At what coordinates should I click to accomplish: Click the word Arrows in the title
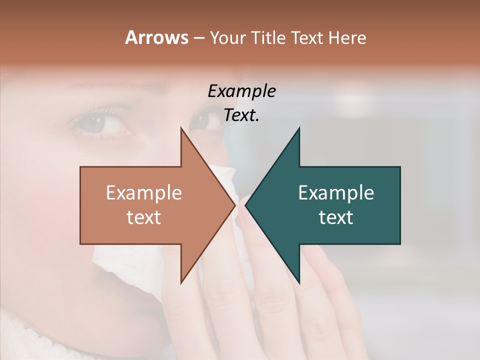click(156, 37)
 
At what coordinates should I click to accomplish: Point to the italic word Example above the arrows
click(241, 91)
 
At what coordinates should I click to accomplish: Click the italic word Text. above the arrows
click(241, 115)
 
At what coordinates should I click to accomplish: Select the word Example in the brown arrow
click(144, 193)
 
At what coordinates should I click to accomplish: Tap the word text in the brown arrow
click(144, 217)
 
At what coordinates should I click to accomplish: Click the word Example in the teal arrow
click(336, 193)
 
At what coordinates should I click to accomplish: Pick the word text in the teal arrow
click(336, 217)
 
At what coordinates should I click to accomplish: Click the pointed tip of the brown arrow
click(235, 205)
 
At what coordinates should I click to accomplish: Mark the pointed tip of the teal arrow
click(246, 205)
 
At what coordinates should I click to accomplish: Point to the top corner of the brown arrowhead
click(181, 128)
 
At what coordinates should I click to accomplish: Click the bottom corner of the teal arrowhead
click(299, 282)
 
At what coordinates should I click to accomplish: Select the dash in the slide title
click(198, 38)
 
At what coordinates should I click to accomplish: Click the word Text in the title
click(307, 37)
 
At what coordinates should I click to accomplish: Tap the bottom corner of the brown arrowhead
click(181, 282)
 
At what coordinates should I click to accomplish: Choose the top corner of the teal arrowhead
click(299, 128)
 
